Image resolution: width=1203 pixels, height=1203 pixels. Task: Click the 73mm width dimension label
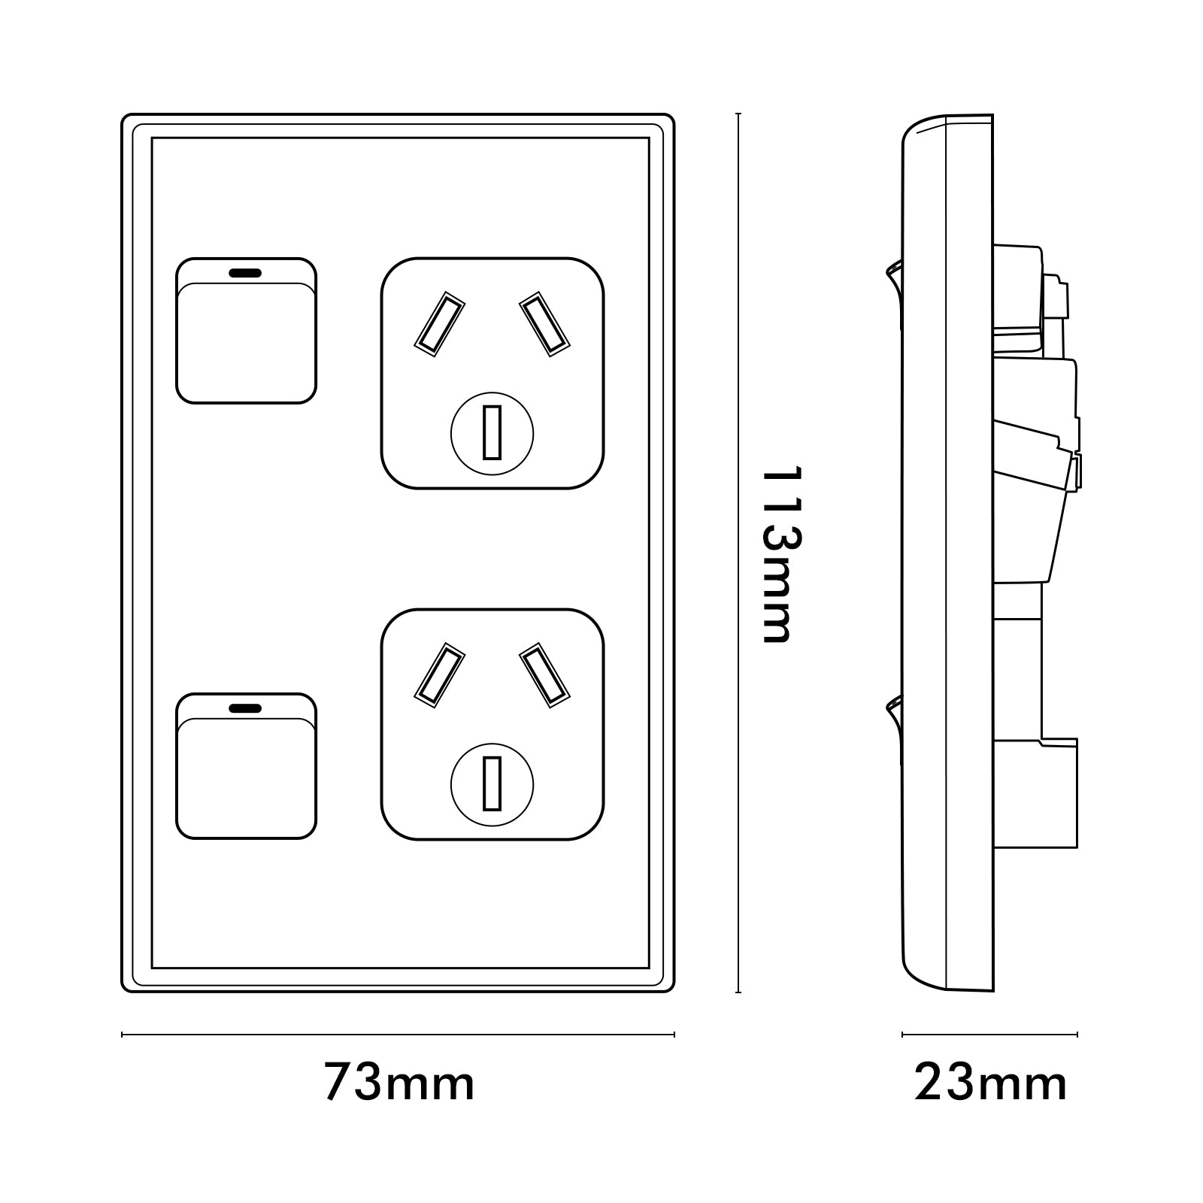point(399,1083)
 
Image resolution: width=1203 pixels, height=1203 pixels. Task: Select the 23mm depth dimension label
point(990,1083)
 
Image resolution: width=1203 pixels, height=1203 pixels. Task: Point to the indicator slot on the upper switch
point(245,273)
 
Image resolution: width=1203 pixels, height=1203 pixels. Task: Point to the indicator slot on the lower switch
point(245,708)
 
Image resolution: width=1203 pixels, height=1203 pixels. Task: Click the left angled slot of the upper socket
point(439,323)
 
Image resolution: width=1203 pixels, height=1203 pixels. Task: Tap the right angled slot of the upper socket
point(544,323)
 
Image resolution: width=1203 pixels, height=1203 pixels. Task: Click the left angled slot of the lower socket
point(439,674)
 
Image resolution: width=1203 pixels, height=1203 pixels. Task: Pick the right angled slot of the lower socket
point(544,674)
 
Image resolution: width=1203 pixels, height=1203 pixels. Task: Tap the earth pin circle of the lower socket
point(492,784)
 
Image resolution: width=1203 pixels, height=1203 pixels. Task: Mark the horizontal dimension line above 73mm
point(398,1035)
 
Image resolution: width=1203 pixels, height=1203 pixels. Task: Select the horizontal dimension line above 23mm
point(989,1035)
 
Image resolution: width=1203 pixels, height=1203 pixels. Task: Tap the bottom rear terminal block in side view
point(1036,793)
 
